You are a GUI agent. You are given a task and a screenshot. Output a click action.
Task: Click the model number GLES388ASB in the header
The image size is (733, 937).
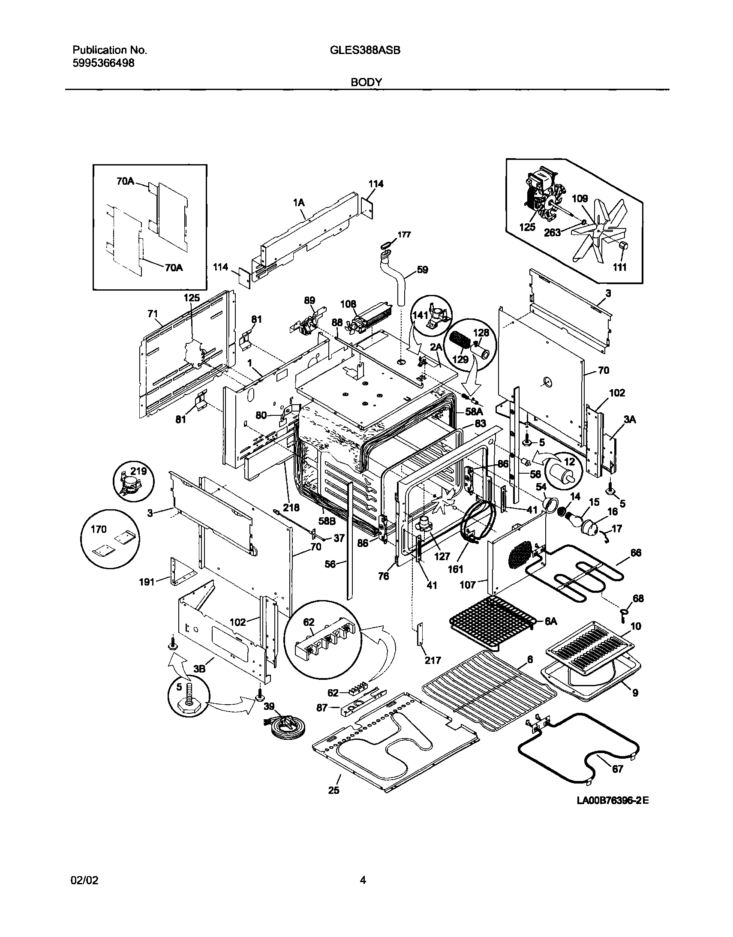click(365, 50)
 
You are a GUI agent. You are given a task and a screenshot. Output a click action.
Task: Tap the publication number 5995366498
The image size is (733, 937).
click(103, 63)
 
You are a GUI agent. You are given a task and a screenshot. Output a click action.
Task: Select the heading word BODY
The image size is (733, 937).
click(366, 82)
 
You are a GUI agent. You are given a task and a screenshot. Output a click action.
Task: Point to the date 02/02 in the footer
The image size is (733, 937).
click(84, 881)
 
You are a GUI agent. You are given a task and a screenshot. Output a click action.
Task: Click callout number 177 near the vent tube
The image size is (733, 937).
click(404, 235)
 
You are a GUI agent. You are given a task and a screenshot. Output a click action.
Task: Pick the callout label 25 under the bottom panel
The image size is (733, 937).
click(333, 790)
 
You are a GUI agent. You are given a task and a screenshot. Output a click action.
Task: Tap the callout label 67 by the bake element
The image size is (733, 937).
click(617, 769)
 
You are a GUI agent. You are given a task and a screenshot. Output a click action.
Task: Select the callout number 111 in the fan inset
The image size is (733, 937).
click(619, 267)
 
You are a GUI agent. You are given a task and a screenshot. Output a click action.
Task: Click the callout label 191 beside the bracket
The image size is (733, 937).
click(147, 582)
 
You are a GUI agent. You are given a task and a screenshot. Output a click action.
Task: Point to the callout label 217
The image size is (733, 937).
click(433, 660)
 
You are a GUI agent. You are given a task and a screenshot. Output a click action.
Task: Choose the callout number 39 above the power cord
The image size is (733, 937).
click(269, 707)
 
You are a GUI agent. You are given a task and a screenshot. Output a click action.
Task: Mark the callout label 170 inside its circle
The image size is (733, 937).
click(99, 529)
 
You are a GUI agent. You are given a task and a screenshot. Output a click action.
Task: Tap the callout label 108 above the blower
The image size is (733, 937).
click(348, 304)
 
